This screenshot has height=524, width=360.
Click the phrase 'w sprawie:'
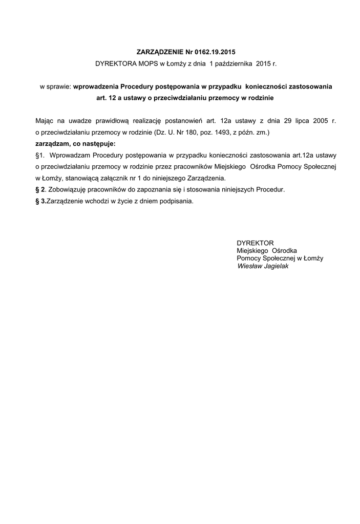coord(55,86)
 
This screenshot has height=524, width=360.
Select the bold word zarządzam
coord(52,143)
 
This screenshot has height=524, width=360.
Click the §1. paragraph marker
coord(40,155)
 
